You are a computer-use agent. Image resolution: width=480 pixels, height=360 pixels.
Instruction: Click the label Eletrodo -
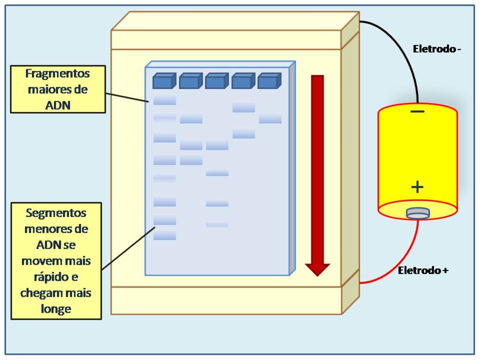pos(437,49)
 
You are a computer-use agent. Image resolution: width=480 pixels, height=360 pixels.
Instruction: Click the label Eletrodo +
pos(423,270)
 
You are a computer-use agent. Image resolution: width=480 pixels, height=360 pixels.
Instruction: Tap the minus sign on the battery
pos(418,111)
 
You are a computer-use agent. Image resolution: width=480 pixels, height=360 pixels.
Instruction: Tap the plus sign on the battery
pos(418,187)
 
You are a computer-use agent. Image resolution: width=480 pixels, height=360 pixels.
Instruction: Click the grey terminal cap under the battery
pos(418,213)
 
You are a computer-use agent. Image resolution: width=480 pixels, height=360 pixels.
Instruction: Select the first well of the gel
pos(163,82)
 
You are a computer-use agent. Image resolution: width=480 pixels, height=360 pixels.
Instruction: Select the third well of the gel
pos(215,82)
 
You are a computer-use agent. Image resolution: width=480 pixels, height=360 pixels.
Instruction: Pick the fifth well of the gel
pos(268,82)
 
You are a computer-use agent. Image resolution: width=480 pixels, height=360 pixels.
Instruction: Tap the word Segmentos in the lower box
pos(56,213)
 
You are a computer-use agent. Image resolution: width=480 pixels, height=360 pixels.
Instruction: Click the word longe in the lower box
pos(56,309)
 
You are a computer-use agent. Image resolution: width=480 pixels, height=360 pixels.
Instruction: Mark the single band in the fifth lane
pos(270,119)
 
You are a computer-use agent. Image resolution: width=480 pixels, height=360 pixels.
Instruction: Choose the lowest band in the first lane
pos(165,235)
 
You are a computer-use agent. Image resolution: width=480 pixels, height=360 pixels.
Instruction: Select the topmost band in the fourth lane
pos(244,108)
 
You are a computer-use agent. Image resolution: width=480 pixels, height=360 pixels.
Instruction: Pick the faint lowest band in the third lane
pos(217,225)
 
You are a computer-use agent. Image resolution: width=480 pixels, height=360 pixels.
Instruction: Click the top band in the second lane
pos(191,119)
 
